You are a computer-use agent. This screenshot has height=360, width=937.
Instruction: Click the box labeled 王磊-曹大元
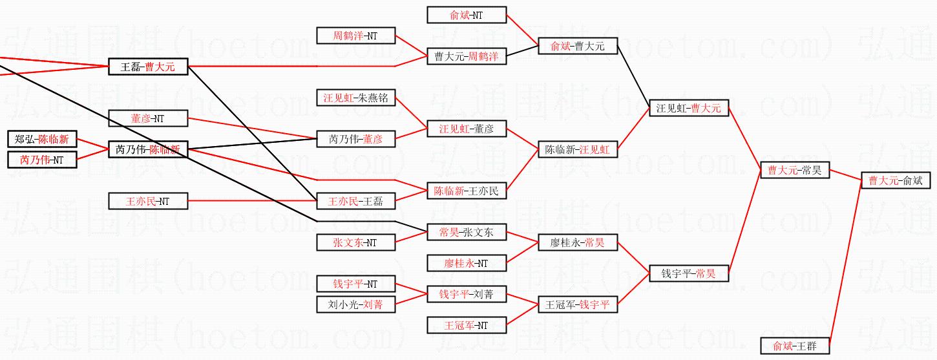pyautogui.click(x=148, y=67)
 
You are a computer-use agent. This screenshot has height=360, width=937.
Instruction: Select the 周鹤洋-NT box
pyautogui.click(x=355, y=36)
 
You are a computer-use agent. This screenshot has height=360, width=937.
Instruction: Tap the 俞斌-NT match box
pyautogui.click(x=467, y=15)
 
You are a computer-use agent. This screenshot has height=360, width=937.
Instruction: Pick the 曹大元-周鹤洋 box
pyautogui.click(x=467, y=57)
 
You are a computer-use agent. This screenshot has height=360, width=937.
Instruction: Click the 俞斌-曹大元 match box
pyautogui.click(x=578, y=46)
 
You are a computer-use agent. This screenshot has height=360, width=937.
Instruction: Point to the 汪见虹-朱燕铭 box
pyautogui.click(x=355, y=98)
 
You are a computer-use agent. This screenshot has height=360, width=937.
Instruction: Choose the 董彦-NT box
pyautogui.click(x=148, y=118)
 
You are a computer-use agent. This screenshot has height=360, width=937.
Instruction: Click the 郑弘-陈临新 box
pyautogui.click(x=42, y=139)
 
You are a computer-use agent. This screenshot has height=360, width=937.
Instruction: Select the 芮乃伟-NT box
pyautogui.click(x=42, y=160)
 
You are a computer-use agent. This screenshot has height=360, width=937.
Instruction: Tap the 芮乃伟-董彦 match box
pyautogui.click(x=355, y=139)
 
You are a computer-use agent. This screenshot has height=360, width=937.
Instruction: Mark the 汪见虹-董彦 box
pyautogui.click(x=467, y=129)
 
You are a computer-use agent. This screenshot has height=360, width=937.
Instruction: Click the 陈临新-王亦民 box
pyautogui.click(x=467, y=191)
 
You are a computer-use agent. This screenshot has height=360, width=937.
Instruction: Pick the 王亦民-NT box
pyautogui.click(x=148, y=202)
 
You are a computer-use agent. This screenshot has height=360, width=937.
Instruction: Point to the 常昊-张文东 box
pyautogui.click(x=467, y=233)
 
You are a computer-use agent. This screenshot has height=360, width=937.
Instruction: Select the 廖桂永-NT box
pyautogui.click(x=467, y=263)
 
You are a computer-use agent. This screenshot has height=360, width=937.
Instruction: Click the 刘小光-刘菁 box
pyautogui.click(x=355, y=304)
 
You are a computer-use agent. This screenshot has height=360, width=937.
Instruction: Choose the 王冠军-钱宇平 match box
pyautogui.click(x=578, y=304)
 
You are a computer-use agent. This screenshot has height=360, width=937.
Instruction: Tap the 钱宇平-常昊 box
pyautogui.click(x=689, y=274)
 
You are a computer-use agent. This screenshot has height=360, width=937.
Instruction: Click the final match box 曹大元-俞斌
pyautogui.click(x=895, y=180)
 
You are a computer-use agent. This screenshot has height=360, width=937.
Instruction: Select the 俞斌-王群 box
pyautogui.click(x=795, y=346)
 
